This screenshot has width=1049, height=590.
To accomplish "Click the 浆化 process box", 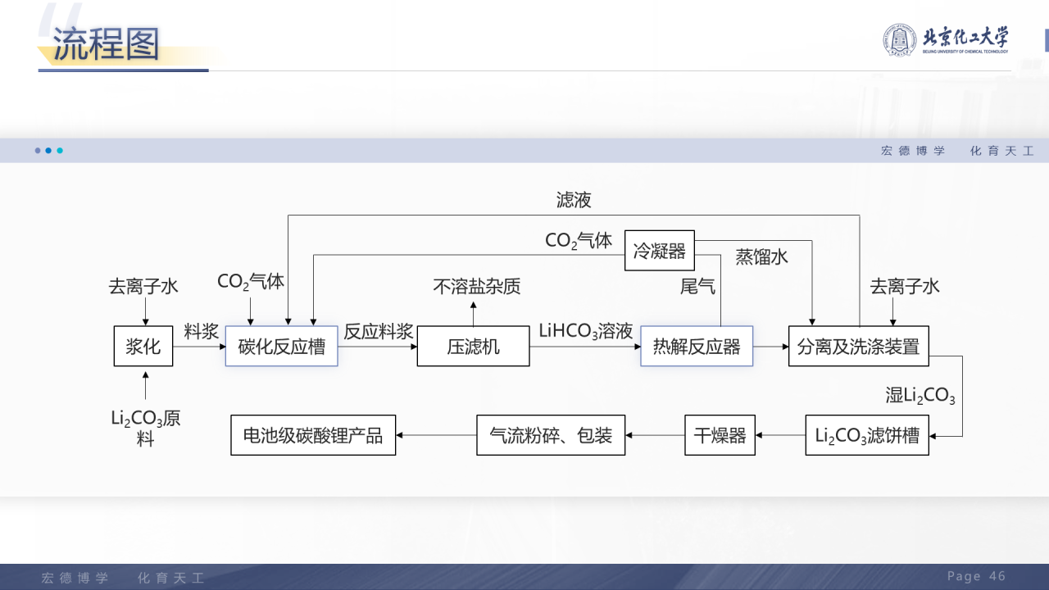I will (143, 346).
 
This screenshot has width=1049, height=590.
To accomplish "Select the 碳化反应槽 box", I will (281, 346).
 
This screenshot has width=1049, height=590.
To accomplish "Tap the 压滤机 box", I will (473, 346).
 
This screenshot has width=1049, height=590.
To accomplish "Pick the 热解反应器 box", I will (696, 346).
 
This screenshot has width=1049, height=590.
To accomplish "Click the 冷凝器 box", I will (659, 251).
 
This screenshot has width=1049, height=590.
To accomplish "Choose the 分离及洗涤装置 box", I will (858, 346).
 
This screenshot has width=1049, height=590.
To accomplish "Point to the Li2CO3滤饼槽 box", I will (866, 435).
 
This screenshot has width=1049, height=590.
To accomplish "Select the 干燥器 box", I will (720, 435).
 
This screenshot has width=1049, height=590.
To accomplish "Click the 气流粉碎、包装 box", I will (551, 435).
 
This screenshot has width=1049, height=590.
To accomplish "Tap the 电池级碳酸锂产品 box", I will (313, 435).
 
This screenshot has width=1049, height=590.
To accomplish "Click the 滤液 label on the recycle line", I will (574, 200).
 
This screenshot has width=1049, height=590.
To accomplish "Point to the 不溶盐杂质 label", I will (476, 286).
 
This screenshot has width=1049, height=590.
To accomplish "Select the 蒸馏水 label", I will (761, 256).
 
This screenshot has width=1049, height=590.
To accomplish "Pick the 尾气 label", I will (697, 286).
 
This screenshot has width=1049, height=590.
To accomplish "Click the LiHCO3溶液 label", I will (585, 331).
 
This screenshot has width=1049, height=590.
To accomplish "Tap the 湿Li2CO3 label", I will (920, 396).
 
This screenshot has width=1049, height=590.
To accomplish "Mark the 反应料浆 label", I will (378, 331).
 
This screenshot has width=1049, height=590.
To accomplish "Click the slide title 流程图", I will (107, 44).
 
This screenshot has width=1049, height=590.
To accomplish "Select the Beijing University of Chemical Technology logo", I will (945, 39).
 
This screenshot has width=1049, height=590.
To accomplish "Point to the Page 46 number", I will (976, 576).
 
